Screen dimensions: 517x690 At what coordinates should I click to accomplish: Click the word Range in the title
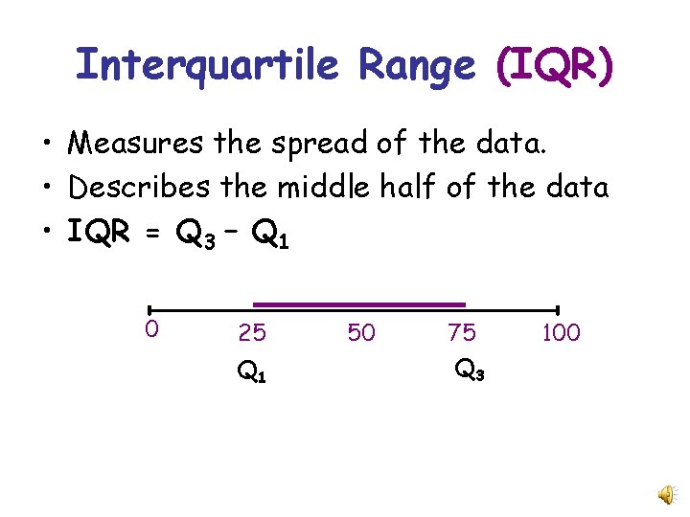click(x=417, y=66)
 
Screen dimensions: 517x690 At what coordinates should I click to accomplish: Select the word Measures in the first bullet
click(x=134, y=144)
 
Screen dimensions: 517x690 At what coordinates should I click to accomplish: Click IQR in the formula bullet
click(x=97, y=231)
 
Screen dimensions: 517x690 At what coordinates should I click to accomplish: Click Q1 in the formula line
click(x=268, y=234)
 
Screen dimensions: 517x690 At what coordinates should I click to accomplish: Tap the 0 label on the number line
click(x=150, y=329)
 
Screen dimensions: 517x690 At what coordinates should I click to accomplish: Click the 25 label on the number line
click(x=252, y=333)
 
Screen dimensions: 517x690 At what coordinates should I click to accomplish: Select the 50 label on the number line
click(x=361, y=333)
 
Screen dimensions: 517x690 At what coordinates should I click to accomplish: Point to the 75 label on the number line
click(x=461, y=333)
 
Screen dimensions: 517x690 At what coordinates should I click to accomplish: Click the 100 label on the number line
click(x=561, y=333)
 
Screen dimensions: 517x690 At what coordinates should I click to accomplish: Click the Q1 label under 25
click(x=251, y=371)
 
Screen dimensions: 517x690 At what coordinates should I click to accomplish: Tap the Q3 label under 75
click(x=469, y=369)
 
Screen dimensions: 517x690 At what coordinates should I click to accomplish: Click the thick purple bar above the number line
click(x=358, y=304)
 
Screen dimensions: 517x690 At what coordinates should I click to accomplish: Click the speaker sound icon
click(x=664, y=493)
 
